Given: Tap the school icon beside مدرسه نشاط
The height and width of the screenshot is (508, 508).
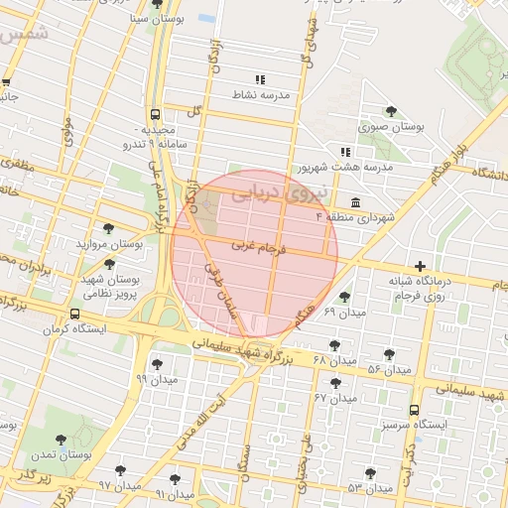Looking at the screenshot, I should click(x=260, y=79).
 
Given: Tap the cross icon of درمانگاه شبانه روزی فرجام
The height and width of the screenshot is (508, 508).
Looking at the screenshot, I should click(x=422, y=266).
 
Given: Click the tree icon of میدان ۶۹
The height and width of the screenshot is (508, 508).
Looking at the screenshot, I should click(x=344, y=297).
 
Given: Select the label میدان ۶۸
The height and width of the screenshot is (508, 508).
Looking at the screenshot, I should click(x=333, y=358).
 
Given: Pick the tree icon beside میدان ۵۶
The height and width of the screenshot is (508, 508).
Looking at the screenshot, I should click(x=389, y=355).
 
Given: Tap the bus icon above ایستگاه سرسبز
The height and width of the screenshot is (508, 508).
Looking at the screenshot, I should click(x=414, y=410).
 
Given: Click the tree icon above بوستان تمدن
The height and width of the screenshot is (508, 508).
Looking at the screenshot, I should click(x=62, y=438).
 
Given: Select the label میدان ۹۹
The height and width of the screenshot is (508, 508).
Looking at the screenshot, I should click(x=157, y=378).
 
